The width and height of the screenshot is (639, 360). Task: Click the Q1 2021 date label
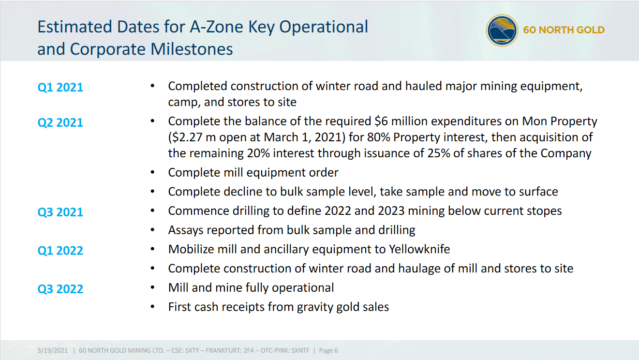point(60,87)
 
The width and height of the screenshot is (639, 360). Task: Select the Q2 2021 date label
point(60,123)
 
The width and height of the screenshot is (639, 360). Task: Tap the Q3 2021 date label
point(60,212)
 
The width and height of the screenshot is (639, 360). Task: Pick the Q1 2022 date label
point(60,251)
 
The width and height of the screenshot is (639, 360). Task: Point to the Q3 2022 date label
point(60,289)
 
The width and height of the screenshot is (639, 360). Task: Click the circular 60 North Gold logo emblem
point(502,30)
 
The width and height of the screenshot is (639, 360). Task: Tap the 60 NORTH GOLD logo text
point(564,30)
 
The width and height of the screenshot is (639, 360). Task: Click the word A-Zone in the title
point(217,27)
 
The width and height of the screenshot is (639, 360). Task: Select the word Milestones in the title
point(192,49)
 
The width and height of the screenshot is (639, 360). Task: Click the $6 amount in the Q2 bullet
point(381,121)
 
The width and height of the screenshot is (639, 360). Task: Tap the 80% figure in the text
point(378,137)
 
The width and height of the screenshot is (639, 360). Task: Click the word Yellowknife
point(419,249)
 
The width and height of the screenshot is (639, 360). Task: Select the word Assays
point(185,230)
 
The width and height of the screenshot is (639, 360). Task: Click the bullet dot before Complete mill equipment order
point(153,172)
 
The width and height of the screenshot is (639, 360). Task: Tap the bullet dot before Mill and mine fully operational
point(153,287)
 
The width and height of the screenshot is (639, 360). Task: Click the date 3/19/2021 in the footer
point(53,351)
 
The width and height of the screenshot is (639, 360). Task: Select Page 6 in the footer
point(328,351)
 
